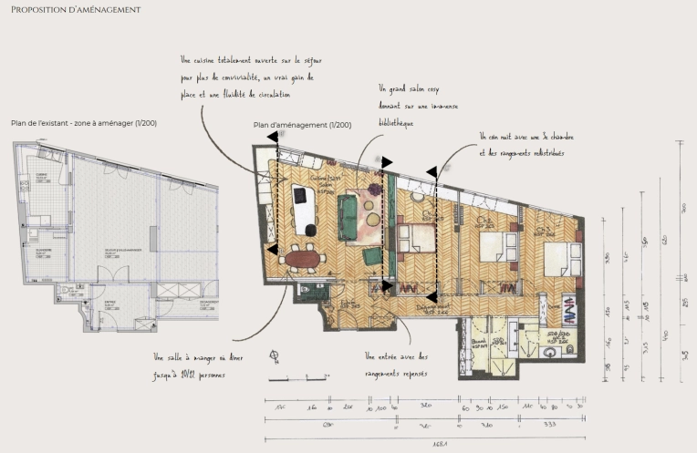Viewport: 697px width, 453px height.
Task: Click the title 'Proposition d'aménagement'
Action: coord(76,10)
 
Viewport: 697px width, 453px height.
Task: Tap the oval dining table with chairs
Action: coord(303,259)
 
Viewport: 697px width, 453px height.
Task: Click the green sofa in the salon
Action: coord(348,215)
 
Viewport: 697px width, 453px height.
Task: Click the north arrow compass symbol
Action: coord(275,355)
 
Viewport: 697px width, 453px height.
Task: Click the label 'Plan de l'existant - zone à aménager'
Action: coord(82,122)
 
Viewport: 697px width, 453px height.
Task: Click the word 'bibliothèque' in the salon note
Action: coord(396,122)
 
